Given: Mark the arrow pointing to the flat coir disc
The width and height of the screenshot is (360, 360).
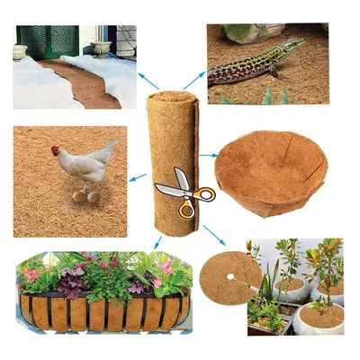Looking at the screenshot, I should pos(214,236).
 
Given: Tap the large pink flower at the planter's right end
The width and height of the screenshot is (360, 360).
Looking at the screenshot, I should pos(167,268).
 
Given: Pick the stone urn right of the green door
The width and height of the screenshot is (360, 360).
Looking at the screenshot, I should pos(101,47).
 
